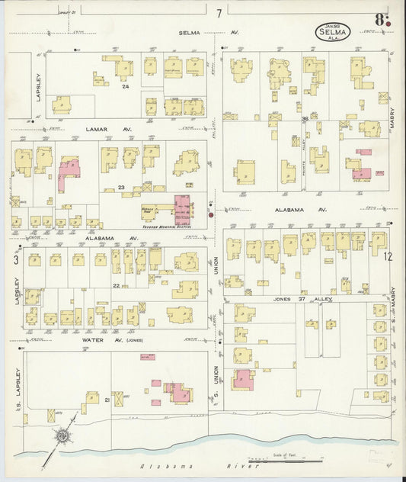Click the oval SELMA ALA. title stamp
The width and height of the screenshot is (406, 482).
(333, 33)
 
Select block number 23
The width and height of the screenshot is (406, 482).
(120, 188)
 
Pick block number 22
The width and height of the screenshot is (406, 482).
(116, 286)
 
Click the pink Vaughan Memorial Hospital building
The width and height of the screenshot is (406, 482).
(184, 209)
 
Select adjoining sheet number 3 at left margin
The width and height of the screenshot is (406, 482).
(15, 260)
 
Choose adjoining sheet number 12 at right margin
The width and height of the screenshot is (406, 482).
(388, 257)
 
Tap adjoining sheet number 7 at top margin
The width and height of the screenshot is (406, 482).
(219, 13)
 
